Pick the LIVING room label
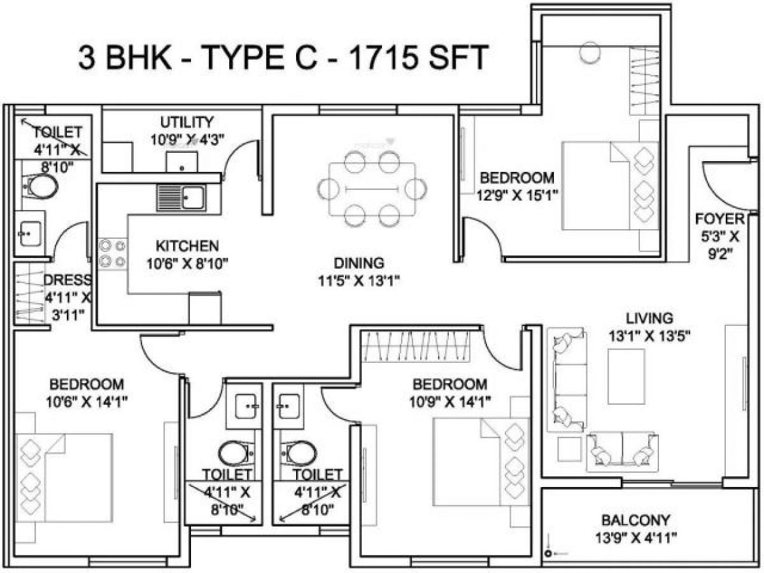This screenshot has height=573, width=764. [x=649, y=318]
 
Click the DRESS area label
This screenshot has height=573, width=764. [x=67, y=281]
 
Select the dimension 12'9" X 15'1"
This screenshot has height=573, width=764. [x=518, y=195]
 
